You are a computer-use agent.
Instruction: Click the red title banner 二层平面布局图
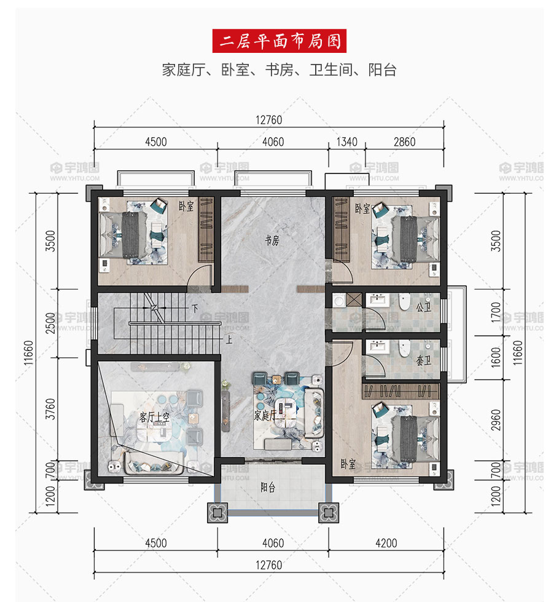tap(279, 41)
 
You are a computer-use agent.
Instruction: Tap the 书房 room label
tap(272, 240)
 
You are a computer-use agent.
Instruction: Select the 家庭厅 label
tap(265, 415)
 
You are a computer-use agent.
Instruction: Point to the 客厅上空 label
tap(154, 418)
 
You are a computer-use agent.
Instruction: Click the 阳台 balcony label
tap(268, 488)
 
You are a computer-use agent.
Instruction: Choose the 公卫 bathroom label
tap(424, 307)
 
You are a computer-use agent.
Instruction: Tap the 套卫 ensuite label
tap(424, 360)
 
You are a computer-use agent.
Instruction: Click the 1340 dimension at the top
tap(347, 142)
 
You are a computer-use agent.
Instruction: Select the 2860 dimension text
tap(404, 142)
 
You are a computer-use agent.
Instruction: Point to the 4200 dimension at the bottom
tap(386, 543)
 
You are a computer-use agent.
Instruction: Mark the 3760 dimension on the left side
tap(50, 410)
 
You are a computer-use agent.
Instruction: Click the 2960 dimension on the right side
tap(496, 420)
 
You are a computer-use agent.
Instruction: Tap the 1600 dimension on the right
tap(496, 357)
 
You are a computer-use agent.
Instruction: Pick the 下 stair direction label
tap(195, 308)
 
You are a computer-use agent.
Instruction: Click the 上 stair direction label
tap(229, 340)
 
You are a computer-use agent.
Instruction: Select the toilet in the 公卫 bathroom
tap(404, 302)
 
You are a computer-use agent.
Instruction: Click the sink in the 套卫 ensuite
tap(377, 346)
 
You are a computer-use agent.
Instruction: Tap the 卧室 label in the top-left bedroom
tap(187, 206)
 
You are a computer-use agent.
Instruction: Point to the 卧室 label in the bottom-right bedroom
tap(348, 464)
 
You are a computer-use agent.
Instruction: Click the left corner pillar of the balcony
tap(217, 513)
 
